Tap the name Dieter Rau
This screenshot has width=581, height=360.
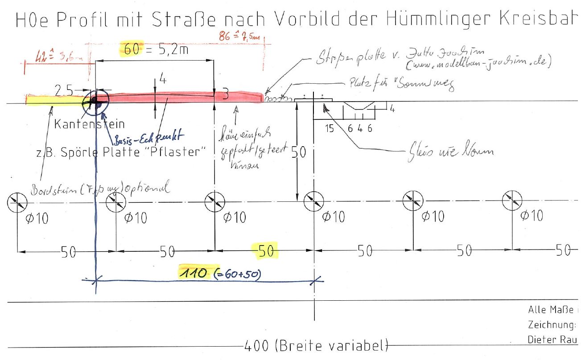click(x=552, y=339)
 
